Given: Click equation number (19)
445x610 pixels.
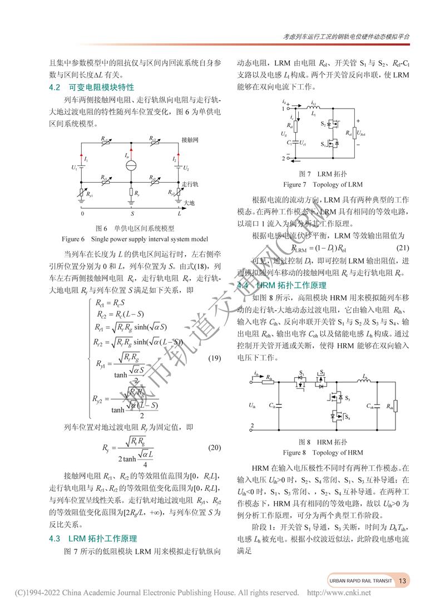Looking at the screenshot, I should click(214, 358).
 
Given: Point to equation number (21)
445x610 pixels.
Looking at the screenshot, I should click(403, 247).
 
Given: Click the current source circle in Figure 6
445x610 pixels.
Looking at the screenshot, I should click(131, 165).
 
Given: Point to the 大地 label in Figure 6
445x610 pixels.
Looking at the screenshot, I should click(189, 202).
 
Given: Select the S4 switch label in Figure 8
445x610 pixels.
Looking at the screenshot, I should click(347, 417).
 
